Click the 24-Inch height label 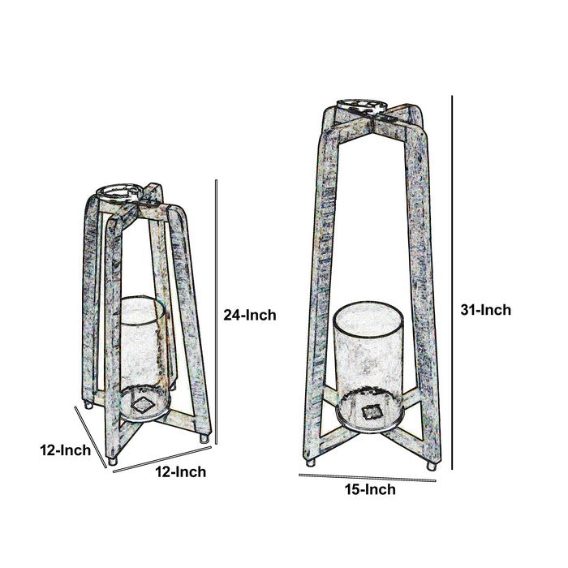click(250, 315)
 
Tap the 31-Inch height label click(485, 310)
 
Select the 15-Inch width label click(370, 489)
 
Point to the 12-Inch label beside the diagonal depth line click(65, 450)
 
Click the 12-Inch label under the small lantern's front click(181, 472)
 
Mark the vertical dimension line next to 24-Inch click(217, 312)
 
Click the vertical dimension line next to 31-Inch click(452, 282)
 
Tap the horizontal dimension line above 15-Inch click(368, 478)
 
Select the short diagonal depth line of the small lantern click(91, 437)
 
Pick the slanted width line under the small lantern click(162, 459)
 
